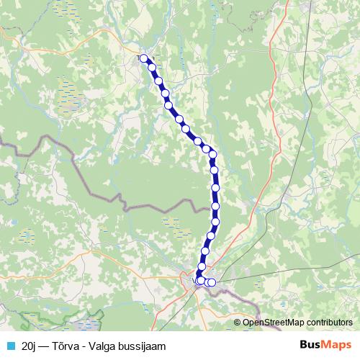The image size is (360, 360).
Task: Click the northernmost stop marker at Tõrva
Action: tap(143, 58)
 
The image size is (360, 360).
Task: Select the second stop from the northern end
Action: tap(152, 67)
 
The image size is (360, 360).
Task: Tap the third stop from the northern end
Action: tap(158, 81)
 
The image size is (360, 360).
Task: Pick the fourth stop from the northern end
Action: tap(165, 94)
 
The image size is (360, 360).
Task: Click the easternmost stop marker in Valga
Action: tap(212, 282)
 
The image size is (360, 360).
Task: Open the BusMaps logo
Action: tap(325, 344)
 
